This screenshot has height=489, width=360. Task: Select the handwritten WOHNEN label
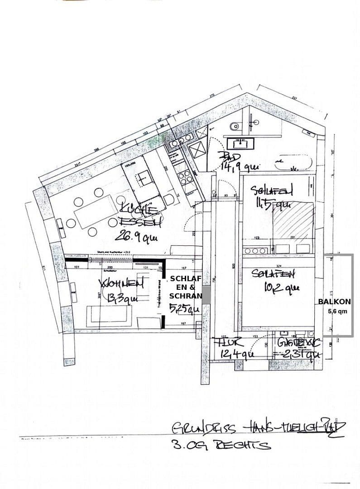[121, 284]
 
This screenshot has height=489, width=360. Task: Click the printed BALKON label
[334, 302]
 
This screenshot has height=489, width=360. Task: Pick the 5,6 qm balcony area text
[337, 311]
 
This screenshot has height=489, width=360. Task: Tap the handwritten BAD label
[226, 156]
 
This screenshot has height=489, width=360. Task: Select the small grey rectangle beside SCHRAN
[206, 295]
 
